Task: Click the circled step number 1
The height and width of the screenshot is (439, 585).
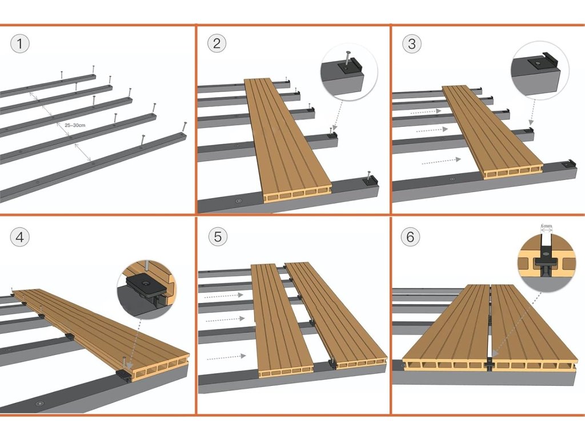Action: click(20, 43)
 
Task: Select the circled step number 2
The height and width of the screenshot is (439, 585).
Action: click(217, 43)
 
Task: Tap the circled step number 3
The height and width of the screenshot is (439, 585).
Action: click(411, 43)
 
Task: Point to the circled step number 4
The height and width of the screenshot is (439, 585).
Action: click(20, 237)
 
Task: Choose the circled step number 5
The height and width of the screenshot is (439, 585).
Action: click(218, 237)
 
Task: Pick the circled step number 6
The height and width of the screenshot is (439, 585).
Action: click(410, 237)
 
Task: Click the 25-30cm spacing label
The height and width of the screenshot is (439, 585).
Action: click(75, 125)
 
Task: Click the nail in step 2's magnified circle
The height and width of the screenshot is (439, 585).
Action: click(347, 59)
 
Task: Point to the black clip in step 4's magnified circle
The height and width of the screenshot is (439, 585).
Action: click(146, 288)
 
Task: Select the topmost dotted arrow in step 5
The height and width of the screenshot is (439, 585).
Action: click(223, 296)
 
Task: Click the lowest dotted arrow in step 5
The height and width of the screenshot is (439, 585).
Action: click(226, 357)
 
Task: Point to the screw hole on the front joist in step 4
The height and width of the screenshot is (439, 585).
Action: click(39, 404)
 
